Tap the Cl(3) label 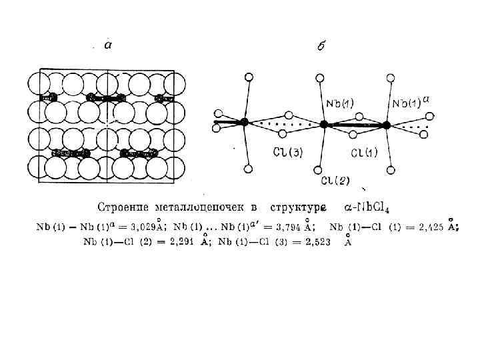288,153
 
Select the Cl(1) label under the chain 363,153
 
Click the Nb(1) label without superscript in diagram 341,103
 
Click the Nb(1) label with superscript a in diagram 409,103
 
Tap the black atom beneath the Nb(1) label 324,124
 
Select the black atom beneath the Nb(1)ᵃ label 387,124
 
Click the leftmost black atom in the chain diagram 245,122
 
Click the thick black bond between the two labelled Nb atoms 355,124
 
